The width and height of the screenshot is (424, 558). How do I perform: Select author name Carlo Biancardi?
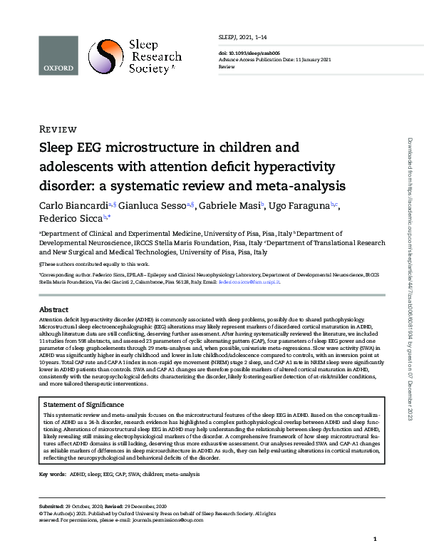pos(76,205)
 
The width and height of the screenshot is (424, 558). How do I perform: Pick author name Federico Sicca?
pos(69,218)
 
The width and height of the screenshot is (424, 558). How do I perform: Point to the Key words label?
pos(53,473)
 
